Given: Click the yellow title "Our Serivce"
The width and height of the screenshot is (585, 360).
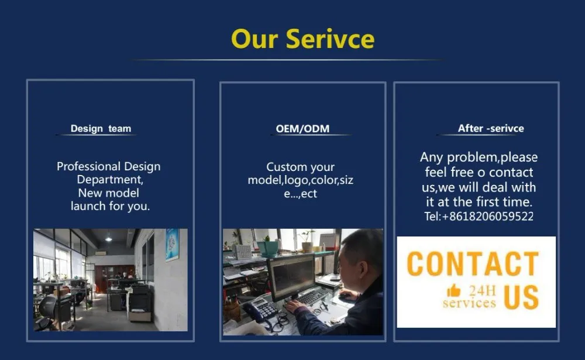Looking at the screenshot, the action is tap(302, 39).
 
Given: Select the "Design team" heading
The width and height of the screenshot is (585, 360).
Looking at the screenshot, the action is tap(101, 128).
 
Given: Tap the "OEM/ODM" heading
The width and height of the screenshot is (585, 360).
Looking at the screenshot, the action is tap(302, 129).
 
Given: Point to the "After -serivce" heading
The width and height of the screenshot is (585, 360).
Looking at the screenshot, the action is tap(491, 128).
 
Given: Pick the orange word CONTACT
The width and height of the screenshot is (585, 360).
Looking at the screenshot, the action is tap(473, 263).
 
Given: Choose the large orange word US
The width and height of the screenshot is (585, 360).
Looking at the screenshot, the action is tap(521, 297).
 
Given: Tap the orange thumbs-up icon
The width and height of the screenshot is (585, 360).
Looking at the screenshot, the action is tap(454, 290).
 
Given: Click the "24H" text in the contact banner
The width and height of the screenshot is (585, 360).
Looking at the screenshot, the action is tap(483, 290).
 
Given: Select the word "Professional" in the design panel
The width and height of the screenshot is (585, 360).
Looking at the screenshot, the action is tap(88, 166).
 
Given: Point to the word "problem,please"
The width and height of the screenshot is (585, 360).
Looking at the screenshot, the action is tap(493, 157).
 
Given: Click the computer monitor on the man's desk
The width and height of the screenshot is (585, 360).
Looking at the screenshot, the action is tap(293, 276).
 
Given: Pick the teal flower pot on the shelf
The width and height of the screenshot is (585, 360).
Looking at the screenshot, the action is tap(267, 248).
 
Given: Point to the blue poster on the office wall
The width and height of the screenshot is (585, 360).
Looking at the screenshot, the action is tap(172, 244).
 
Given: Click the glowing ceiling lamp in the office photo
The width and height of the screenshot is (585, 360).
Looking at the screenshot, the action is tap(109, 238).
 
